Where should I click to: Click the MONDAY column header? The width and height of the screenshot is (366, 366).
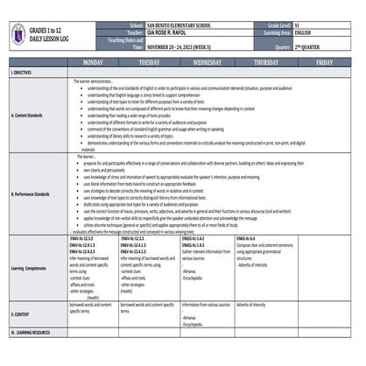92,63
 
